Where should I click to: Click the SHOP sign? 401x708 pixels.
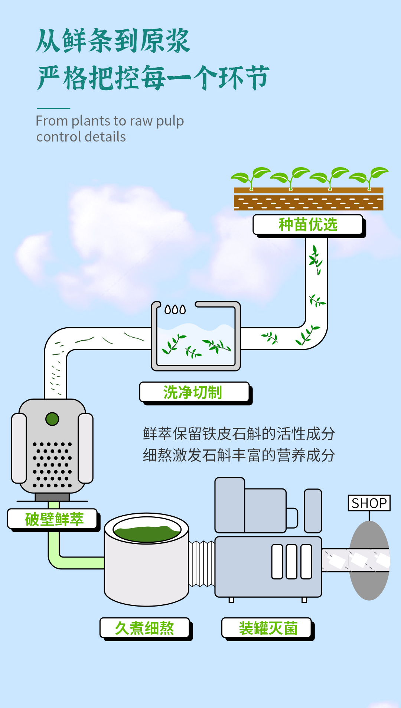[x=369, y=503]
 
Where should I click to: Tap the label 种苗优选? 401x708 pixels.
[x=308, y=225]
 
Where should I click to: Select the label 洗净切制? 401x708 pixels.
[x=193, y=392]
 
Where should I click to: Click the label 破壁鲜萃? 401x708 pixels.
[x=54, y=519]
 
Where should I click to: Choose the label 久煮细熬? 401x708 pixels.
[x=144, y=628]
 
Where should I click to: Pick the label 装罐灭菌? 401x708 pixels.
[x=268, y=628]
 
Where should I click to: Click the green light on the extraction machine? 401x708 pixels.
[x=52, y=419]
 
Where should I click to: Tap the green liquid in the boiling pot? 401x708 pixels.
[x=147, y=533]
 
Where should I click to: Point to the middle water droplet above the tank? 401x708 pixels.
[x=175, y=309]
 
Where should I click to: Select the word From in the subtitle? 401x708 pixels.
[x=52, y=121]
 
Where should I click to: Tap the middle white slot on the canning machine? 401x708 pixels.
[x=291, y=562]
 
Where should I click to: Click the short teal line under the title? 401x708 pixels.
[x=53, y=108]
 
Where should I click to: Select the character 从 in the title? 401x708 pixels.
[x=48, y=41]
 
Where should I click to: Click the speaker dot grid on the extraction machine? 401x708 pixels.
[x=52, y=465]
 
